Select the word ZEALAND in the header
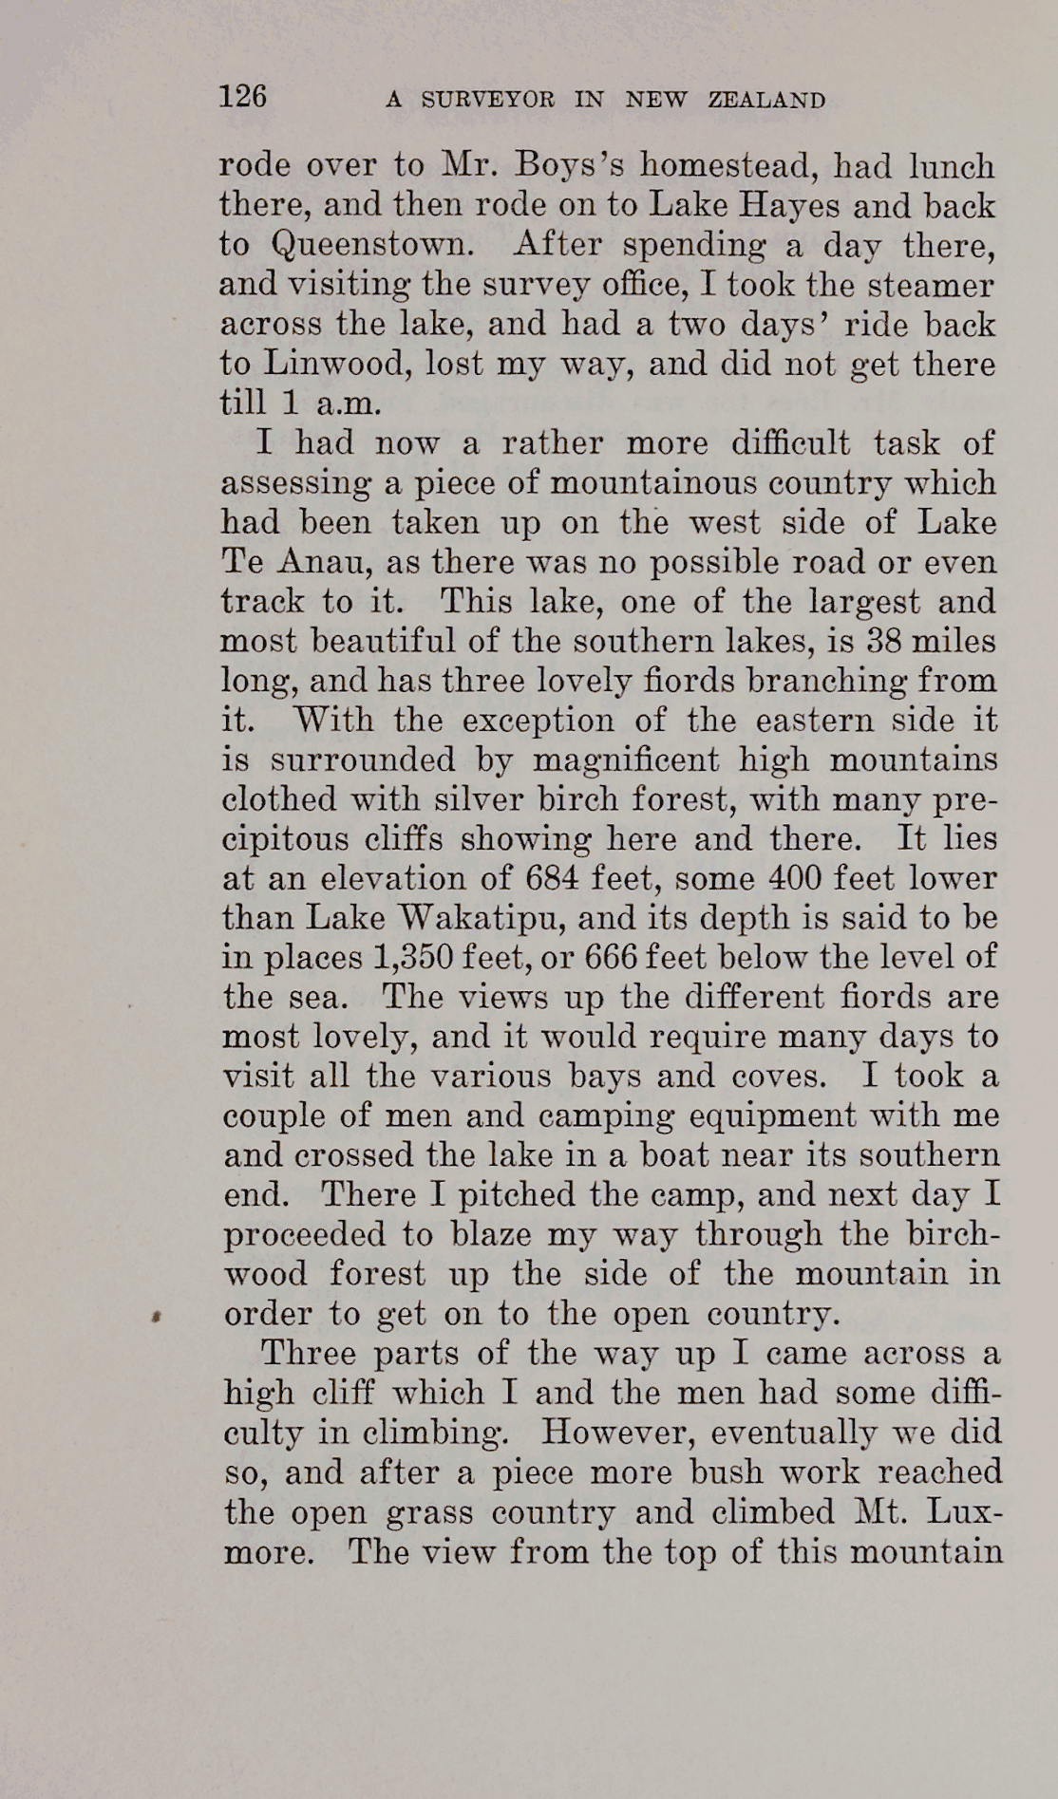tap(766, 100)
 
